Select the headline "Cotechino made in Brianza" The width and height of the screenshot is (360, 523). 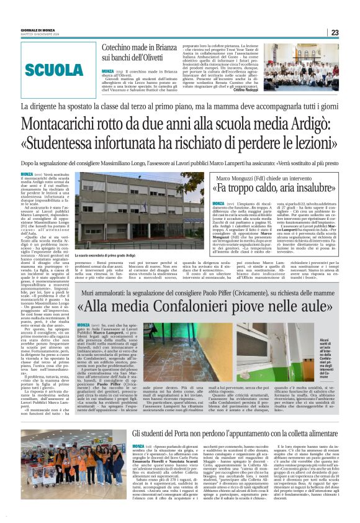(142, 48)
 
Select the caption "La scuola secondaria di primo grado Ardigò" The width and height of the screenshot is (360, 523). (106, 255)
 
